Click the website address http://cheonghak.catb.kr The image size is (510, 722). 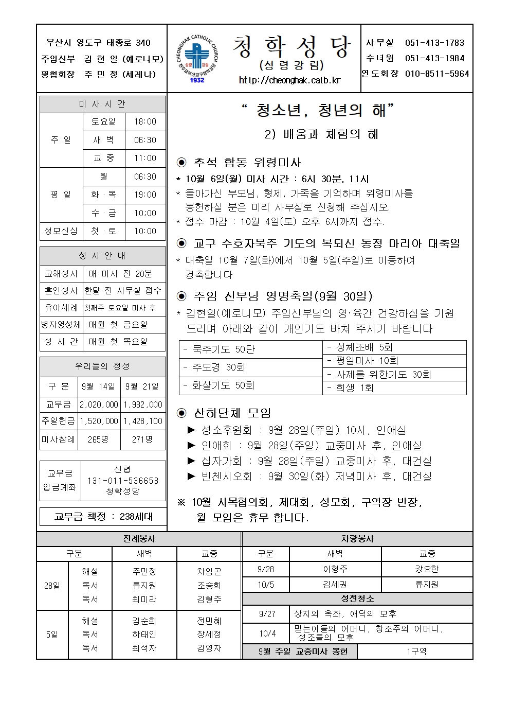pyautogui.click(x=290, y=80)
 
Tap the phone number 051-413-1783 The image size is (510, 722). pyautogui.click(x=434, y=43)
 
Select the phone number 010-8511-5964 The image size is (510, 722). pyautogui.click(x=437, y=74)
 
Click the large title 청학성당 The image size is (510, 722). pyautogui.click(x=292, y=47)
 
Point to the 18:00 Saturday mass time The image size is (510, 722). pyautogui.click(x=145, y=122)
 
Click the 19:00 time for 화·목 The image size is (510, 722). pyautogui.click(x=145, y=195)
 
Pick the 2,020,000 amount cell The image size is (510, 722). pyautogui.click(x=99, y=404)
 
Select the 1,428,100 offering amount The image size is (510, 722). pyautogui.click(x=142, y=421)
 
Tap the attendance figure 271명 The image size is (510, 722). pyautogui.click(x=142, y=439)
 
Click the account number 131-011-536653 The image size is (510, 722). pyautogui.click(x=123, y=481)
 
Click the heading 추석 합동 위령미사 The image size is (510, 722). pyautogui.click(x=247, y=163)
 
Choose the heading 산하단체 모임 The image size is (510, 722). pyautogui.click(x=232, y=413)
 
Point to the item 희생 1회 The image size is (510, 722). pyautogui.click(x=355, y=388)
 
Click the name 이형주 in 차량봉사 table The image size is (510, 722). pyautogui.click(x=335, y=569)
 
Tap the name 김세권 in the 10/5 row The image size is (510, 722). pyautogui.click(x=335, y=585)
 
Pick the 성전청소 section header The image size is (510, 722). pyautogui.click(x=357, y=598)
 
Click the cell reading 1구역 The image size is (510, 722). pyautogui.click(x=415, y=651)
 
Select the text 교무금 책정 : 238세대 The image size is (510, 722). pyautogui.click(x=103, y=517)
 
